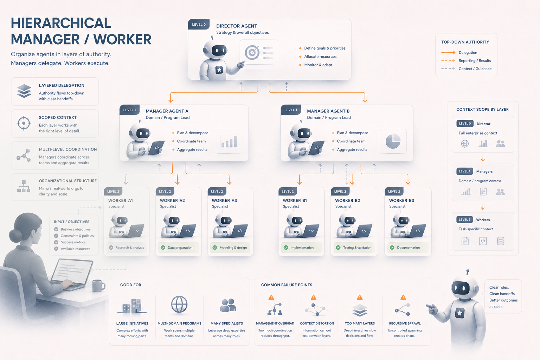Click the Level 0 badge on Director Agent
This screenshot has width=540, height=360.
[x=199, y=24]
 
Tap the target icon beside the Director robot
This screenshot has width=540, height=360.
[x=252, y=52]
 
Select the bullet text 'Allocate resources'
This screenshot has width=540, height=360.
[x=320, y=56]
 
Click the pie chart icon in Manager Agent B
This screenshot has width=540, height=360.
[x=393, y=141]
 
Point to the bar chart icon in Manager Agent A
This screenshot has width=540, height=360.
[x=229, y=142]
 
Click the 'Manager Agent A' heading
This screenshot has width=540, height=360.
[x=167, y=111]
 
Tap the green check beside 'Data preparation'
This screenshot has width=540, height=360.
[x=163, y=247]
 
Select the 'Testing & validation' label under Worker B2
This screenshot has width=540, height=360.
[x=357, y=247]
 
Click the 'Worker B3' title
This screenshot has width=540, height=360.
[x=401, y=200]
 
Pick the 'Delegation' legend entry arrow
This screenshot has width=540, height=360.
[x=448, y=52]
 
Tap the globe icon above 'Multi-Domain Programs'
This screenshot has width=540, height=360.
[x=179, y=304]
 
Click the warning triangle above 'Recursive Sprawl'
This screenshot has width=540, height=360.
[x=403, y=297]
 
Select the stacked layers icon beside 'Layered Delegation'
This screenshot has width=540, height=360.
[x=24, y=91]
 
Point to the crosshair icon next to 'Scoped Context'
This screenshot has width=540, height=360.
[x=24, y=123]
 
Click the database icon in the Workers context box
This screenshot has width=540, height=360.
[x=501, y=241]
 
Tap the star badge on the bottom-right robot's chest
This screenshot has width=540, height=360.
[x=459, y=313]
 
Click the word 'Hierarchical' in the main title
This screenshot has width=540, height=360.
[x=61, y=23]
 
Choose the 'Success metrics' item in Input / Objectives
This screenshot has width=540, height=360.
[x=73, y=242]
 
